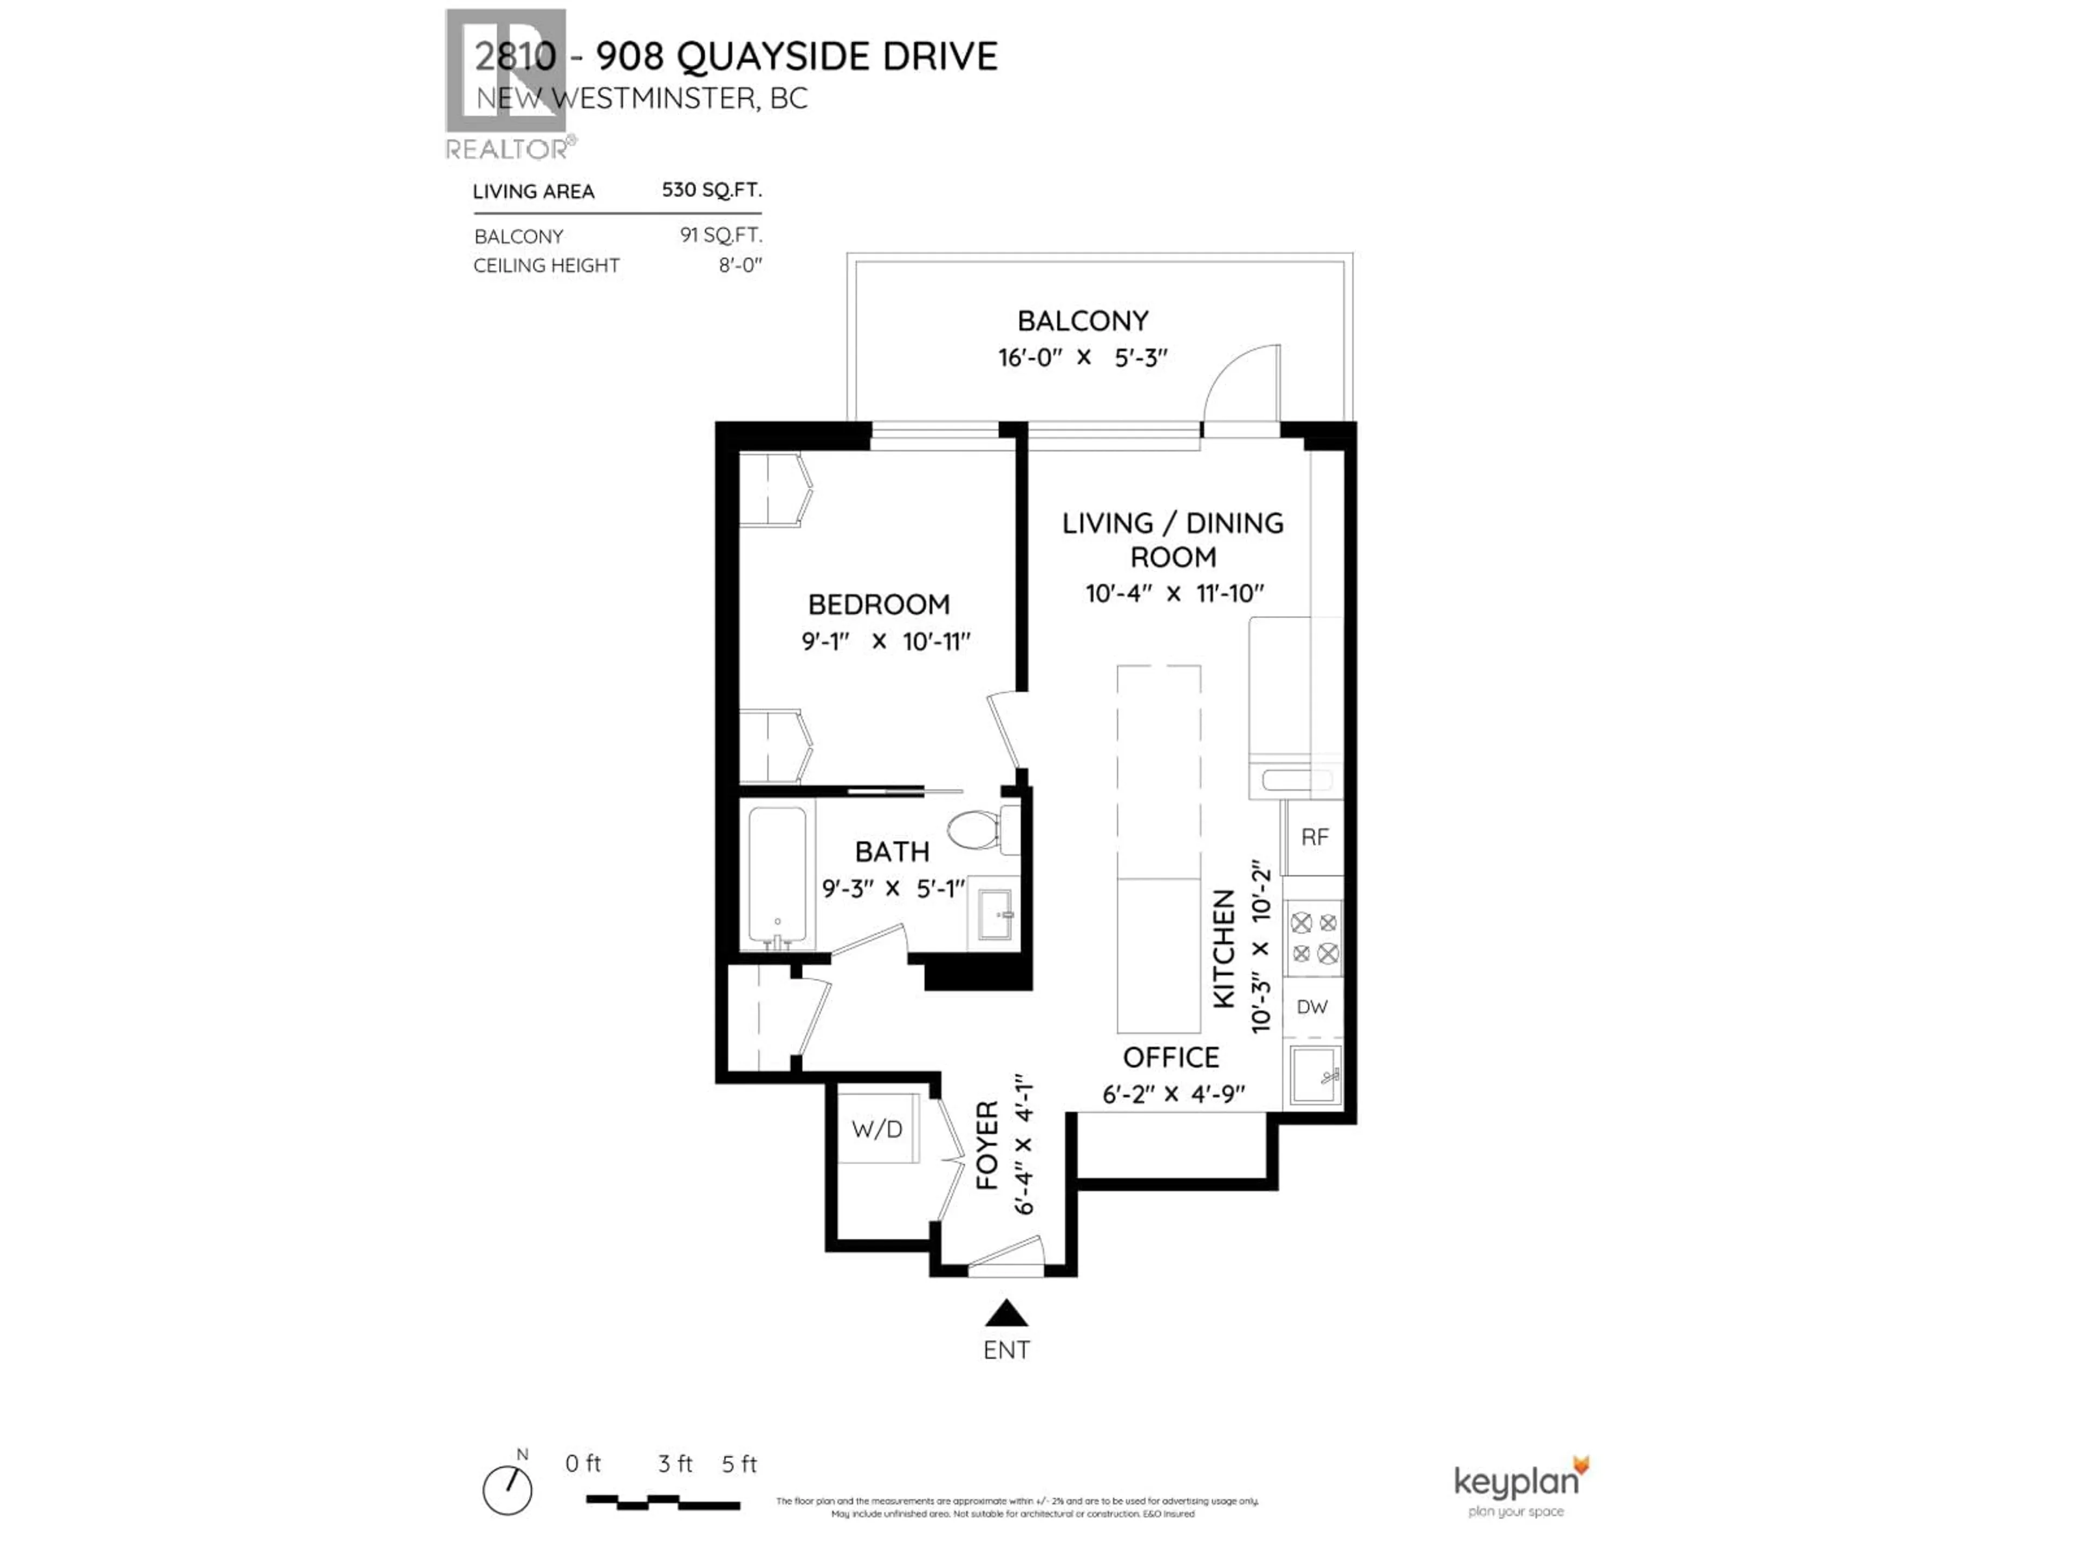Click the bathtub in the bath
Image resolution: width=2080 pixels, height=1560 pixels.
pyautogui.click(x=777, y=876)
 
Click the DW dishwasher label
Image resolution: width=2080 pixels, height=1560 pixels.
pyautogui.click(x=1312, y=1007)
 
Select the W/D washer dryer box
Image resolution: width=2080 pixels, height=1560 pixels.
pyautogui.click(x=877, y=1128)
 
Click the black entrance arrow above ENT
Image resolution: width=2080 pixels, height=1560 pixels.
pyautogui.click(x=1006, y=1312)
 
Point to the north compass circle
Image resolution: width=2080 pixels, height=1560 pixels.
pyautogui.click(x=508, y=1491)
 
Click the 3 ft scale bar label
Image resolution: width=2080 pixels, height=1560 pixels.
pyautogui.click(x=674, y=1464)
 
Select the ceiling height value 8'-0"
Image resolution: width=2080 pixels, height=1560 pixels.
pyautogui.click(x=740, y=266)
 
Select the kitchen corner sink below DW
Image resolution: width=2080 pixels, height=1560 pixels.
pyautogui.click(x=1314, y=1074)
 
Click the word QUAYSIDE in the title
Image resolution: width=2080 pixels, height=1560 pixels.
pyautogui.click(x=773, y=56)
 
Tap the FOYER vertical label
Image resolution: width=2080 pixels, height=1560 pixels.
pyautogui.click(x=986, y=1145)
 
